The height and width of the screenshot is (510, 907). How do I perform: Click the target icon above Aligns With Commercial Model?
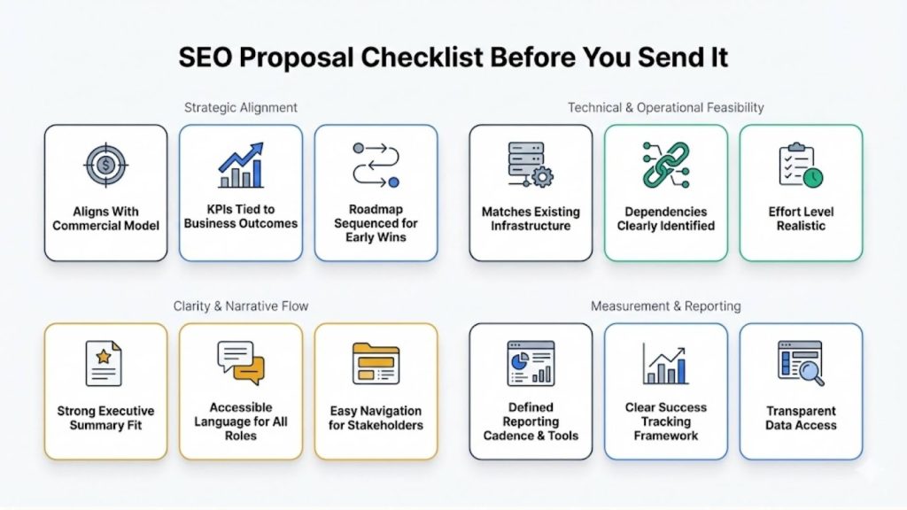click(x=105, y=166)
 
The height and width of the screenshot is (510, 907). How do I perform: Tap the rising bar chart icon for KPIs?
click(x=240, y=166)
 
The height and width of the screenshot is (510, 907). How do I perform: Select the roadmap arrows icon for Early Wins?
click(x=376, y=165)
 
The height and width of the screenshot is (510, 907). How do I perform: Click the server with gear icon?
click(x=530, y=165)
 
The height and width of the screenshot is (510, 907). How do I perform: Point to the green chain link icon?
click(x=665, y=165)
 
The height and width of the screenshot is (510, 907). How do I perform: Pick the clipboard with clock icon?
click(x=801, y=166)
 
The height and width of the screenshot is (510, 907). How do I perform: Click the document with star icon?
click(x=105, y=363)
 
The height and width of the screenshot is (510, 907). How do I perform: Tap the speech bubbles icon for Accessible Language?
click(x=240, y=362)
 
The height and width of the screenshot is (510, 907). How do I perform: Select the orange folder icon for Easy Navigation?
click(x=376, y=363)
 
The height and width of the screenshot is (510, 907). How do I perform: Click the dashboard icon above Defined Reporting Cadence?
click(x=530, y=363)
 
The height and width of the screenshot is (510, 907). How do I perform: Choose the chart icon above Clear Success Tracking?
click(x=665, y=363)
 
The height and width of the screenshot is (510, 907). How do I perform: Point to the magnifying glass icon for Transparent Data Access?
click(x=801, y=363)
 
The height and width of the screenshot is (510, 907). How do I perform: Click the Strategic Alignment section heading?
click(x=241, y=107)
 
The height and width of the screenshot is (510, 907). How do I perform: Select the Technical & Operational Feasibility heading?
click(x=665, y=107)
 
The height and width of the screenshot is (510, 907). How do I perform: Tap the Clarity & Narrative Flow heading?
click(x=241, y=306)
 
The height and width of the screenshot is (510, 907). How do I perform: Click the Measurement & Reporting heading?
click(x=665, y=306)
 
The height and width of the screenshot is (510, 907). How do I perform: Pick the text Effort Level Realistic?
click(x=801, y=219)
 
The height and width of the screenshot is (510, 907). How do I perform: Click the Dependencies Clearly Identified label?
click(x=665, y=219)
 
